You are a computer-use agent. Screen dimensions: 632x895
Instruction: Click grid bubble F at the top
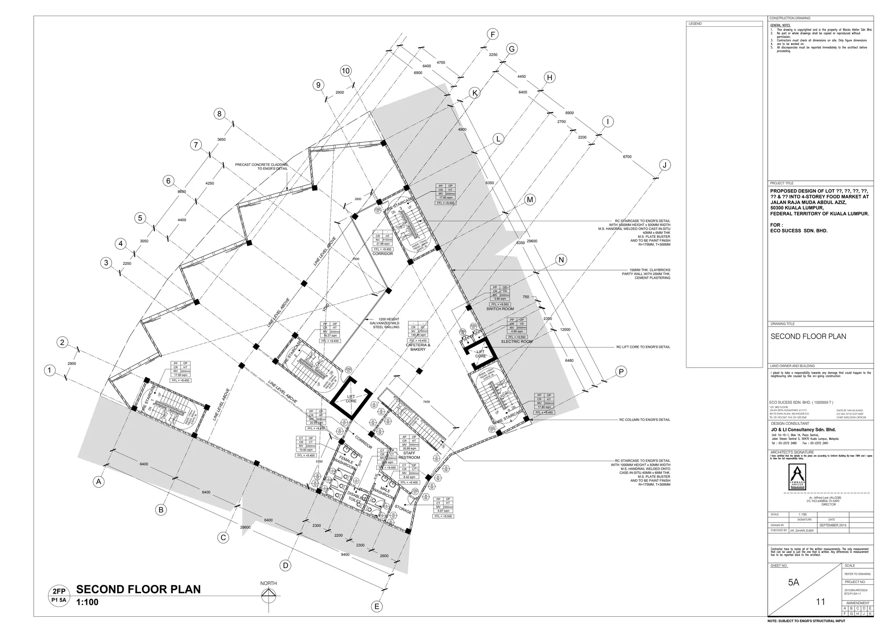(493, 34)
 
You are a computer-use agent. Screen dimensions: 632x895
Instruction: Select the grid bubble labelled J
(664, 165)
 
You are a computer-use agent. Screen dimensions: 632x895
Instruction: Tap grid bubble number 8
(219, 114)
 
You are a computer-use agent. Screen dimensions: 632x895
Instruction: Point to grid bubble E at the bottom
(376, 606)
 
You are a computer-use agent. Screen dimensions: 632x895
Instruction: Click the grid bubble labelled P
(621, 372)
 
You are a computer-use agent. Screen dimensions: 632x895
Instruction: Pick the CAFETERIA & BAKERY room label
(418, 347)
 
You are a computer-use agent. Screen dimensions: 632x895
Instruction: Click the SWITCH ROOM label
(500, 309)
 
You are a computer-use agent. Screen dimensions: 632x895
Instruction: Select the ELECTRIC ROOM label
(517, 342)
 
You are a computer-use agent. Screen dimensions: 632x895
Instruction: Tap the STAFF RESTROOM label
(409, 455)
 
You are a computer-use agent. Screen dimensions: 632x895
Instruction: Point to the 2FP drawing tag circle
(59, 596)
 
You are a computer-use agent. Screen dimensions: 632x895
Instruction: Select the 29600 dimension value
(532, 241)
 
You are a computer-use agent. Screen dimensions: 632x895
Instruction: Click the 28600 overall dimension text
(246, 528)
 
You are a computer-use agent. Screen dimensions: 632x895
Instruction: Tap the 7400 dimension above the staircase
(426, 402)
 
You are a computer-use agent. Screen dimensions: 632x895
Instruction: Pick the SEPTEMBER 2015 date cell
(833, 525)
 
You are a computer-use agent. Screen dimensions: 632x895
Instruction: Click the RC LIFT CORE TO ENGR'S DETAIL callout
(643, 347)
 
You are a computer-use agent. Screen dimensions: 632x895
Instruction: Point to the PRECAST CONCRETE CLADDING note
(261, 167)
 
